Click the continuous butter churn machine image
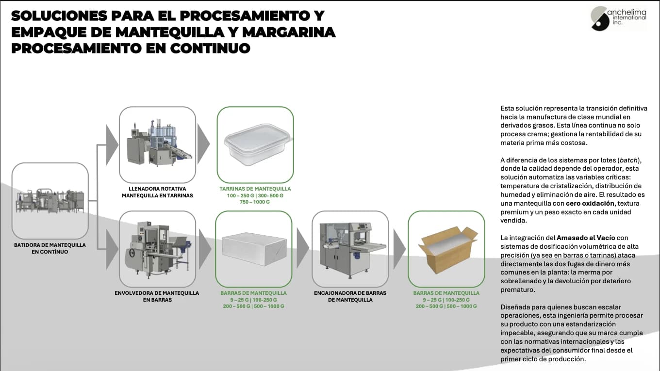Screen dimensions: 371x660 coord(50,200)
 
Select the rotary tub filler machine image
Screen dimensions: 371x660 coord(157,145)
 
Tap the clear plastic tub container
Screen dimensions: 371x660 coord(255,145)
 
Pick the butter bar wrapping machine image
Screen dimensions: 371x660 coord(157,249)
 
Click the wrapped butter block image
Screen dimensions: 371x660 coord(253,249)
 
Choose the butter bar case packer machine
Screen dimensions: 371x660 coord(350,249)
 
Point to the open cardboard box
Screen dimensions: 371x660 coord(446,249)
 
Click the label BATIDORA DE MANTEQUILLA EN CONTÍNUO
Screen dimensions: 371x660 coord(50,248)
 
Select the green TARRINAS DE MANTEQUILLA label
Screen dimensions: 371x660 coord(255,189)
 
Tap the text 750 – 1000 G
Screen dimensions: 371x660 coord(255,202)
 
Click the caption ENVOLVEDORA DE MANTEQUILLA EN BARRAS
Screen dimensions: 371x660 coord(157,296)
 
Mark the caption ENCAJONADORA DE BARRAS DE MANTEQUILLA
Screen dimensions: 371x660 coord(350,296)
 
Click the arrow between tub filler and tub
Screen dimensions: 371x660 coord(204,144)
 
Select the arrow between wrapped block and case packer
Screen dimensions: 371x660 coord(303,248)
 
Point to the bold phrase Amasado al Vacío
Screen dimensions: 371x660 coord(586,238)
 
